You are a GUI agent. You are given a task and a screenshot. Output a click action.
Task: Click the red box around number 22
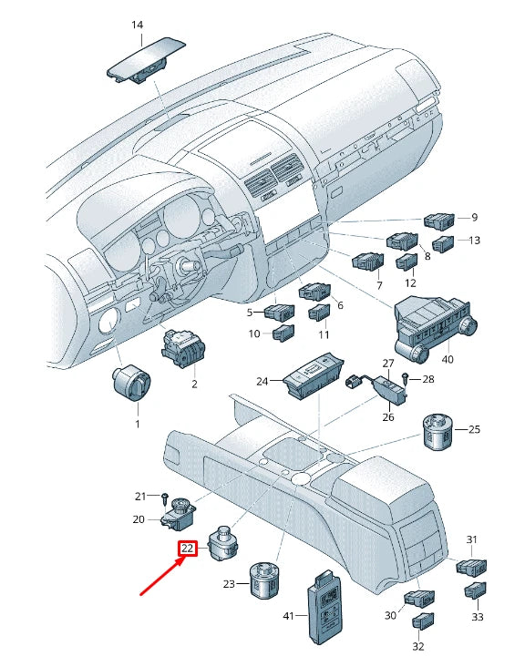pos(187,548)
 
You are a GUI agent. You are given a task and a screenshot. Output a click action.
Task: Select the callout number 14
pos(137,26)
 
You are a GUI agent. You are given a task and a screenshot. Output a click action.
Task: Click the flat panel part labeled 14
pos(146,60)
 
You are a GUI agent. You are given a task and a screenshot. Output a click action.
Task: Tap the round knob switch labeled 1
pos(131,385)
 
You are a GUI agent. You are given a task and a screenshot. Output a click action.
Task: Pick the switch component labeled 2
pos(183,349)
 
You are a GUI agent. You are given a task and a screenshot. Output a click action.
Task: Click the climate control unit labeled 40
pos(434,330)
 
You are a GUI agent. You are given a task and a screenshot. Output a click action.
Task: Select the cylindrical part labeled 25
pos(438,433)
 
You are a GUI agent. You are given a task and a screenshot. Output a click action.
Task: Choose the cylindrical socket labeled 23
pos(264,580)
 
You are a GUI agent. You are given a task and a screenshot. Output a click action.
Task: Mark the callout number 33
pos(478,617)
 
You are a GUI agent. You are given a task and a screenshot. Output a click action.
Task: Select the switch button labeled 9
pos(439,221)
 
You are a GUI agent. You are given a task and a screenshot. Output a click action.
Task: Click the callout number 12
pos(410,282)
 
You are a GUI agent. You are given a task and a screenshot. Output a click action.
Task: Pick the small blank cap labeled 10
pos(283,333)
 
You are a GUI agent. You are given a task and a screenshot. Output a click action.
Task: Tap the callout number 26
pos(388,417)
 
